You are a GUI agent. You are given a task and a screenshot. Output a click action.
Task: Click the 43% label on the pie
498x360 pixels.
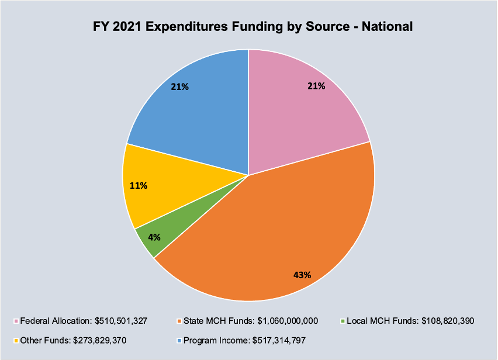pyautogui.click(x=302, y=274)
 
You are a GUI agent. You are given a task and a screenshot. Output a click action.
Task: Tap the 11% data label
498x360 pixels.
pyautogui.click(x=139, y=186)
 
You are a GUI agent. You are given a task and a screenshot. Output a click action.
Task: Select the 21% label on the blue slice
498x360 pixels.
pyautogui.click(x=179, y=87)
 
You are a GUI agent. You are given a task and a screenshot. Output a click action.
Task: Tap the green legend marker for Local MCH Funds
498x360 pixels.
pyautogui.click(x=342, y=321)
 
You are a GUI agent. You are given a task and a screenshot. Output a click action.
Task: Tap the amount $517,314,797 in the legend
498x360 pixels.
pyautogui.click(x=274, y=340)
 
